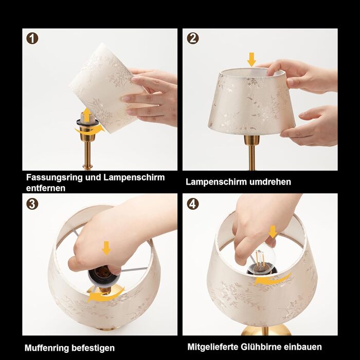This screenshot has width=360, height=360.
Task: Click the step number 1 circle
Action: (32, 39)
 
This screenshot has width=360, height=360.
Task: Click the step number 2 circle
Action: (193, 39)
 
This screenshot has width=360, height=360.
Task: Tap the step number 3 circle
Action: (32, 204)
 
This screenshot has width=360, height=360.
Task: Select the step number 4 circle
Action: (193, 204)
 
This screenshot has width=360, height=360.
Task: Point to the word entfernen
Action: (46, 188)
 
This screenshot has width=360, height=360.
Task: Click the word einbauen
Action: (303, 347)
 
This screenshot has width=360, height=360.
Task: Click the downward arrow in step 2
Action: (251, 60)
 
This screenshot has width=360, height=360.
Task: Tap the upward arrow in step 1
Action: (87, 115)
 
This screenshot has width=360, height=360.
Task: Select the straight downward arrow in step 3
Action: (106, 248)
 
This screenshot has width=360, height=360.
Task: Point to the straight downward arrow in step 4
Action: (273, 231)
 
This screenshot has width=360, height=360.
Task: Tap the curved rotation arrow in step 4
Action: (273, 279)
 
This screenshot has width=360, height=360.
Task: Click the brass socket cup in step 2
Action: (251, 140)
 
